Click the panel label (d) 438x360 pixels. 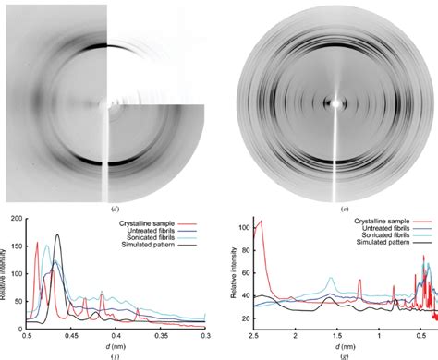[109, 209]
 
